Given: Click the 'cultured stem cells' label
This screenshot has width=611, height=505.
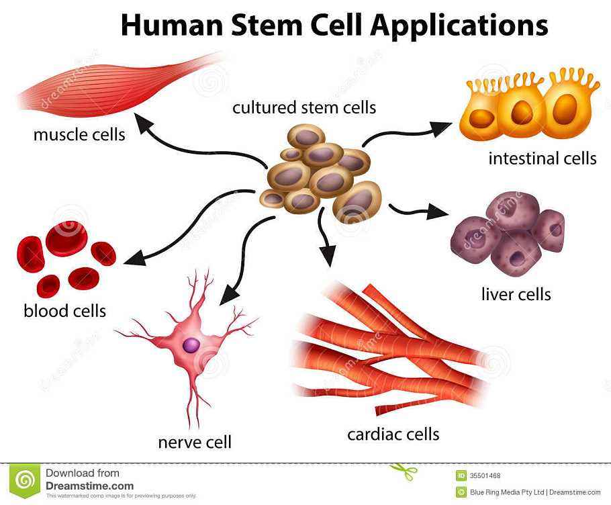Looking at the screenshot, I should pyautogui.click(x=304, y=107).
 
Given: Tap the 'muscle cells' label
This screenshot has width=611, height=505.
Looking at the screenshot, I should pyautogui.click(x=79, y=134).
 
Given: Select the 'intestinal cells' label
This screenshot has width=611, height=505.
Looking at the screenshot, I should pyautogui.click(x=543, y=158).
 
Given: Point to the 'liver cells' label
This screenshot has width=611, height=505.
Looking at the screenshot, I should pyautogui.click(x=516, y=294).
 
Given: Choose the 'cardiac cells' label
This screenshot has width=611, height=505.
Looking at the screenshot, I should pyautogui.click(x=393, y=434).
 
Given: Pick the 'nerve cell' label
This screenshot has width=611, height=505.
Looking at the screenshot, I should pyautogui.click(x=195, y=442).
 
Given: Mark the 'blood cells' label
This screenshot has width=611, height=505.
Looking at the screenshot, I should pyautogui.click(x=64, y=311).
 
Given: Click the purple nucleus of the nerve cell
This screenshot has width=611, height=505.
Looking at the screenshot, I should pyautogui.click(x=192, y=345).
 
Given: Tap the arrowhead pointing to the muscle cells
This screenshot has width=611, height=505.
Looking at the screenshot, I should pyautogui.click(x=142, y=122).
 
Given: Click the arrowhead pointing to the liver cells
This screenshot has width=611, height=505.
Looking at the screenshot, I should pyautogui.click(x=440, y=214).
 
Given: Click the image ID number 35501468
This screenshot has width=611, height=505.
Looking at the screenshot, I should pyautogui.click(x=485, y=476).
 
